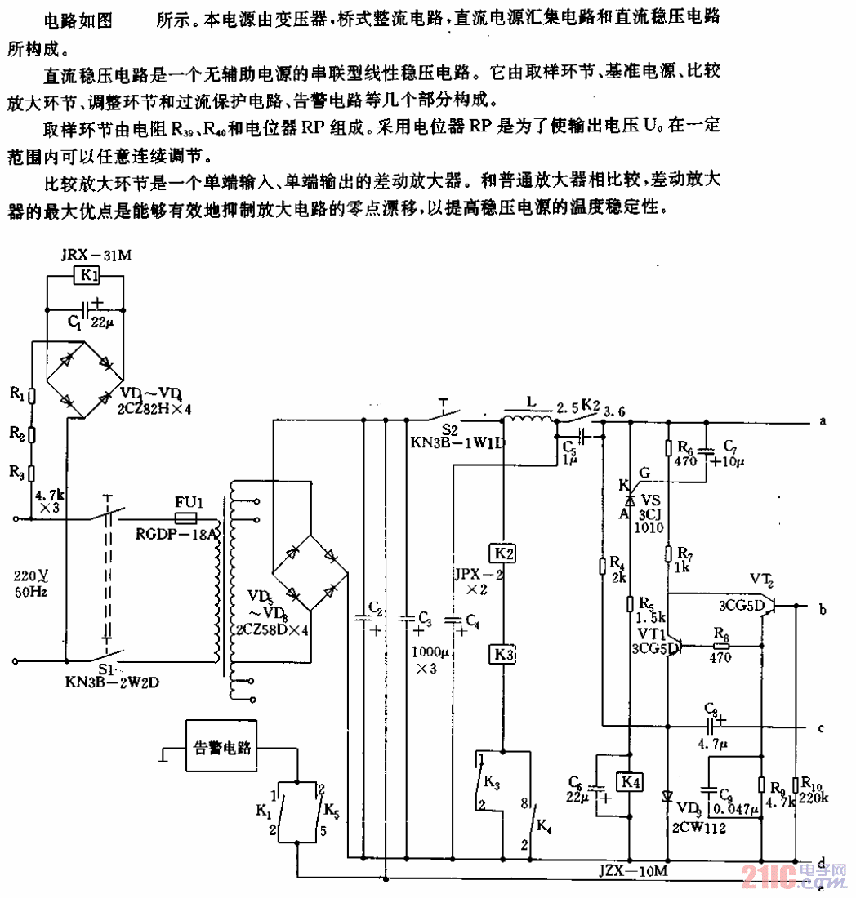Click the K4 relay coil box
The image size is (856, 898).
(x=628, y=783)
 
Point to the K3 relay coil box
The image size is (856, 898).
(x=504, y=654)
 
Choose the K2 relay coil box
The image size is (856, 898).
(x=504, y=554)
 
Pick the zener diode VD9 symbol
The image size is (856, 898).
(x=668, y=796)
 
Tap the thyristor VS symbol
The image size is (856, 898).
(x=630, y=499)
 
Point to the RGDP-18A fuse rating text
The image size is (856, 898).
(x=174, y=536)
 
